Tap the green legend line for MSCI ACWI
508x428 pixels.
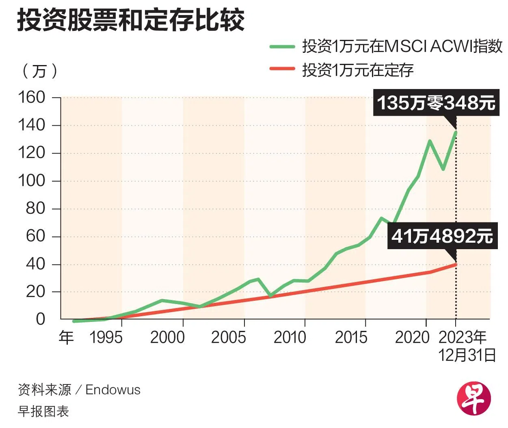(282, 47)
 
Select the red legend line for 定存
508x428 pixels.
(282, 69)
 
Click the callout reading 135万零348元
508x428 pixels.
(436, 103)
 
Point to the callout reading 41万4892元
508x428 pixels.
(442, 236)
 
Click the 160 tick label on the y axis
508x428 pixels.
(31, 98)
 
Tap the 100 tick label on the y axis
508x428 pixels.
(31, 181)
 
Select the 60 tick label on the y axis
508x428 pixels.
(35, 237)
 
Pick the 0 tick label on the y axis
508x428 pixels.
(40, 319)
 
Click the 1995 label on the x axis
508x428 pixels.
(105, 337)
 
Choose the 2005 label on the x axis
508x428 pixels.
(228, 337)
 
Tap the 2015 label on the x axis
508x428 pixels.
(351, 337)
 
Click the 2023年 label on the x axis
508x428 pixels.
(463, 337)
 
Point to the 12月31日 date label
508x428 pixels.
(467, 355)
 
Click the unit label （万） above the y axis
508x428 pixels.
(39, 72)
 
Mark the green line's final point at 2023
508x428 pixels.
(456, 132)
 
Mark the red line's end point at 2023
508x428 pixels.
(456, 265)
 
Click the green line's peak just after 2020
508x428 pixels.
(430, 141)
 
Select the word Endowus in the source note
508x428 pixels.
(113, 390)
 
